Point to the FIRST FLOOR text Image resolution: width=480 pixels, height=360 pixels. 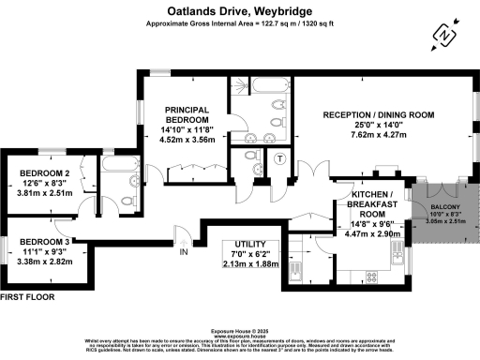click(x=28, y=296)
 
